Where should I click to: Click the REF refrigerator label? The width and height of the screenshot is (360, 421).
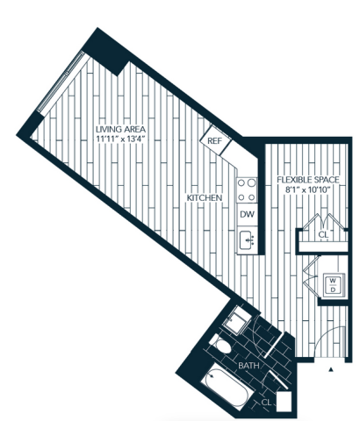pyautogui.click(x=215, y=141)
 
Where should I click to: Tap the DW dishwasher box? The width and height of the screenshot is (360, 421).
pyautogui.click(x=248, y=215)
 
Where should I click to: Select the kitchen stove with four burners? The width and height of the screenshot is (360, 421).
pyautogui.click(x=248, y=190)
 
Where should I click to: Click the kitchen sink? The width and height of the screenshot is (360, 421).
pyautogui.click(x=248, y=240)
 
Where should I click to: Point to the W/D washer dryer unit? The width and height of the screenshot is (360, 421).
pyautogui.click(x=333, y=285)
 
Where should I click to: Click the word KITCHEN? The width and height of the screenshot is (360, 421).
pyautogui.click(x=205, y=198)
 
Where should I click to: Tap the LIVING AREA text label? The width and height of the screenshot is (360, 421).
pyautogui.click(x=121, y=129)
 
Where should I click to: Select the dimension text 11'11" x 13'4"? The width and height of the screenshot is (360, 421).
pyautogui.click(x=121, y=139)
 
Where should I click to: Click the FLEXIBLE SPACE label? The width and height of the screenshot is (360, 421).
pyautogui.click(x=308, y=180)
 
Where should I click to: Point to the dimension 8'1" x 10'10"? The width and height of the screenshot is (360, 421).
pyautogui.click(x=308, y=189)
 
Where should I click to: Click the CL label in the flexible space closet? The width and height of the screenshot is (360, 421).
pyautogui.click(x=323, y=234)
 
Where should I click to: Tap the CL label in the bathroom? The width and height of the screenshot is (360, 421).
pyautogui.click(x=266, y=403)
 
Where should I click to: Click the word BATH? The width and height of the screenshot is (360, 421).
pyautogui.click(x=248, y=366)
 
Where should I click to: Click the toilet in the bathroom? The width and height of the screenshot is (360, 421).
pyautogui.click(x=221, y=345)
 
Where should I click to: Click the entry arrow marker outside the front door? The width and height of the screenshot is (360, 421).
pyautogui.click(x=331, y=369)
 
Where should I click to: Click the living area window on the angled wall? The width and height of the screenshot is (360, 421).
pyautogui.click(x=61, y=82)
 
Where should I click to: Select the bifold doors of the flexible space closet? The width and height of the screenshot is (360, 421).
pyautogui.click(x=324, y=223)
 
